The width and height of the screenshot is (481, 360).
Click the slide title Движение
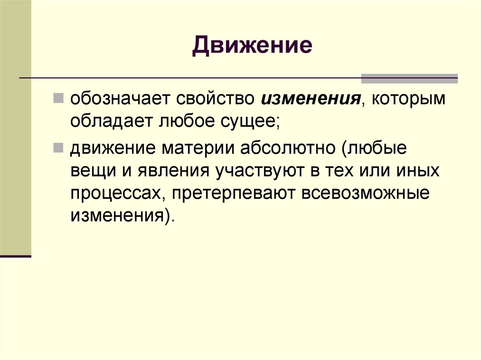(x=252, y=46)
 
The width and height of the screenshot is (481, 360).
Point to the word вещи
(x=90, y=171)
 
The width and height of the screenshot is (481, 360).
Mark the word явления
(x=173, y=171)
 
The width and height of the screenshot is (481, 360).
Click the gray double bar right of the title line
(x=409, y=78)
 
